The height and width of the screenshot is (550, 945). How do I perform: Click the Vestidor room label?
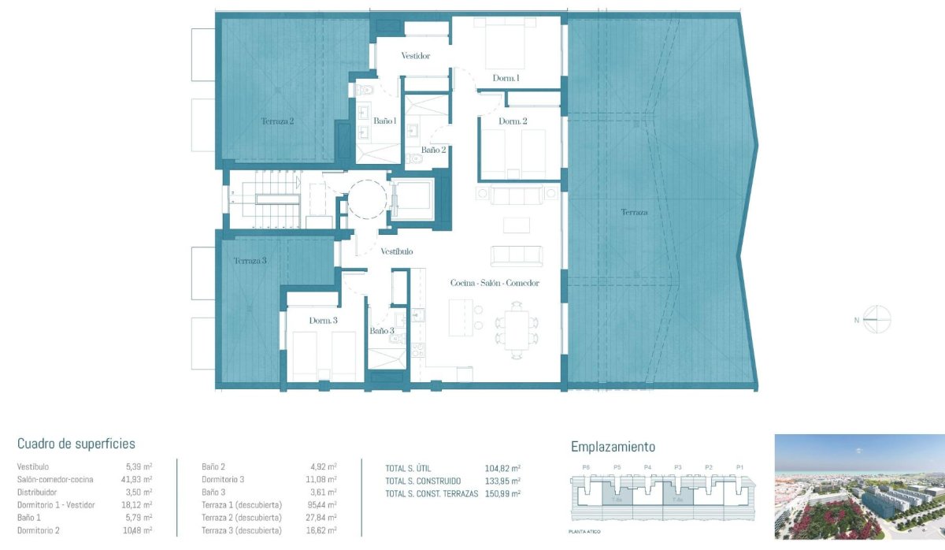click(415, 56)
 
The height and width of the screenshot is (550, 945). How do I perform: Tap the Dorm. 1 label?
click(506, 79)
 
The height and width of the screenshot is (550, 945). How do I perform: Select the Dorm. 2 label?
click(513, 121)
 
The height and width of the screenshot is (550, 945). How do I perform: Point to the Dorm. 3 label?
click(323, 321)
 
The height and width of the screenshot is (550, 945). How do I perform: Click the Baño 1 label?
click(384, 121)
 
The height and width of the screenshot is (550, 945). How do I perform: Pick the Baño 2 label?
click(433, 150)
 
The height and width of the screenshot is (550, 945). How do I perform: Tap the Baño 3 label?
click(382, 331)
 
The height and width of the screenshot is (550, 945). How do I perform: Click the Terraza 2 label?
click(277, 121)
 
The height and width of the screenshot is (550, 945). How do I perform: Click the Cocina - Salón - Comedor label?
click(494, 283)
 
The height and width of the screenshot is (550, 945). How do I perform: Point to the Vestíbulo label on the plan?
click(397, 252)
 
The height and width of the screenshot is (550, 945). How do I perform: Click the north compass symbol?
click(876, 319)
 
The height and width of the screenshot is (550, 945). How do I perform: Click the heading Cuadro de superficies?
click(76, 444)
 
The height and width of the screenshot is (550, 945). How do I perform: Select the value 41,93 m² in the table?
click(139, 479)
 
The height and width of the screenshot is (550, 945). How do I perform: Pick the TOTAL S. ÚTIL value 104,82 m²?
click(502, 467)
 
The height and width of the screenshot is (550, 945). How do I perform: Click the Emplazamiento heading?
click(613, 447)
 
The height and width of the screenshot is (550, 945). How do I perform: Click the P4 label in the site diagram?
click(647, 468)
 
